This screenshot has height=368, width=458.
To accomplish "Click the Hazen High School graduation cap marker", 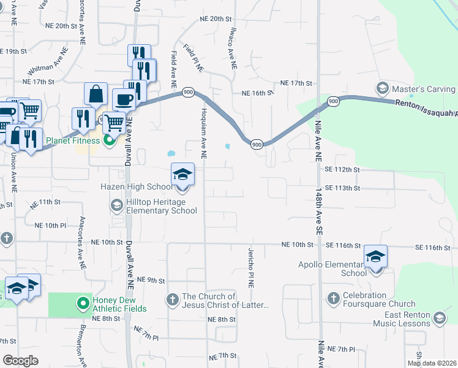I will coord(182,174).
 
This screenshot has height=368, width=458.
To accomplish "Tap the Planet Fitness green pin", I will coord(110,141).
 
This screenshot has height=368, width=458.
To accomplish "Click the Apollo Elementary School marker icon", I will coord(375,256).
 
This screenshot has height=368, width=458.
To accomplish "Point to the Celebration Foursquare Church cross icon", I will coord(334,298).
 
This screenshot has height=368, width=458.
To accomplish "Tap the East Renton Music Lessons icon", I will coord(438,318).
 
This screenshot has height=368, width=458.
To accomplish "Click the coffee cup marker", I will coord(124,100).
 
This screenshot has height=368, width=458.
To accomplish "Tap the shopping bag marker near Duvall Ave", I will coord(96,94).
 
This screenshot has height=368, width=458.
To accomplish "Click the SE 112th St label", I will coord(343,169).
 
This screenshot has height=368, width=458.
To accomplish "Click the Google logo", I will coord(20,360).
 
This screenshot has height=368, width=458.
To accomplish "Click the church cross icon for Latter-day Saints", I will coord(172,299).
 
